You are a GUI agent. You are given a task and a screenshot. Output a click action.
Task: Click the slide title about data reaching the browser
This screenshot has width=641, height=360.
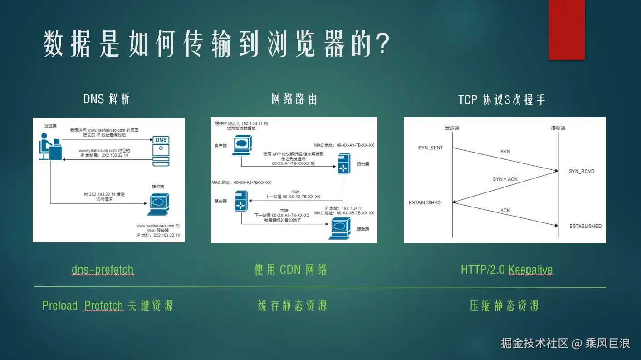click(216, 44)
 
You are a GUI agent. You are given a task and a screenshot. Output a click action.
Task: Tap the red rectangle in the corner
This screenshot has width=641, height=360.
click(567, 30)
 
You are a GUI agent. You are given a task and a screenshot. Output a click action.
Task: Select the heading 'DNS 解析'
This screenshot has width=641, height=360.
click(107, 99)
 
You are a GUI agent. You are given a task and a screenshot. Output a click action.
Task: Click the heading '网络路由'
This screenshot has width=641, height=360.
click(294, 99)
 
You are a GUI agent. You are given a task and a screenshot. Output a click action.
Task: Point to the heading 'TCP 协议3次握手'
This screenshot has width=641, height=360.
click(501, 99)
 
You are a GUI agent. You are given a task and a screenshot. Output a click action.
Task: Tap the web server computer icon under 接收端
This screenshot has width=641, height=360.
click(158, 205)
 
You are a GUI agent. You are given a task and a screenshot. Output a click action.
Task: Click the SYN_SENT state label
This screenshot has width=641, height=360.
click(430, 148)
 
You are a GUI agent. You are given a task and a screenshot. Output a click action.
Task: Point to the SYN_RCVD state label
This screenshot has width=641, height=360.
click(581, 171)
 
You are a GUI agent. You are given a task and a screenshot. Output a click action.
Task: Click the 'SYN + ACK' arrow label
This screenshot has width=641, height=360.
click(505, 179)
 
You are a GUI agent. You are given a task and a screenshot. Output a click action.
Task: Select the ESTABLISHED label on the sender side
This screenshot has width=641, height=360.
click(424, 202)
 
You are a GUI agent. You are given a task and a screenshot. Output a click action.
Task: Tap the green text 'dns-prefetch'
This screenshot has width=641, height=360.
click(103, 270)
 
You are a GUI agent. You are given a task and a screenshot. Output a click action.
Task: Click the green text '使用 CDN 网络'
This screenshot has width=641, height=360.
click(291, 270)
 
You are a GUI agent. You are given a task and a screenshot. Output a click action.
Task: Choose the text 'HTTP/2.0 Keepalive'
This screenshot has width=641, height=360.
click(507, 270)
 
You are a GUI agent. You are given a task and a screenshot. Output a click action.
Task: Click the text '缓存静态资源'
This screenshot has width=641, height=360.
click(292, 306)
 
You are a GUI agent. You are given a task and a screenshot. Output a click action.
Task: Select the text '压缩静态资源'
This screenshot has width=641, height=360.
click(504, 306)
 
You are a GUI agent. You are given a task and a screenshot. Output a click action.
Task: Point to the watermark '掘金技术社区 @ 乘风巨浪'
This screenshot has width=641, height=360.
click(565, 343)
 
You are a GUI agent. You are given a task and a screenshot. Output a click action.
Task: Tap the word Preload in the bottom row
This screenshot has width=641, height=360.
click(60, 306)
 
